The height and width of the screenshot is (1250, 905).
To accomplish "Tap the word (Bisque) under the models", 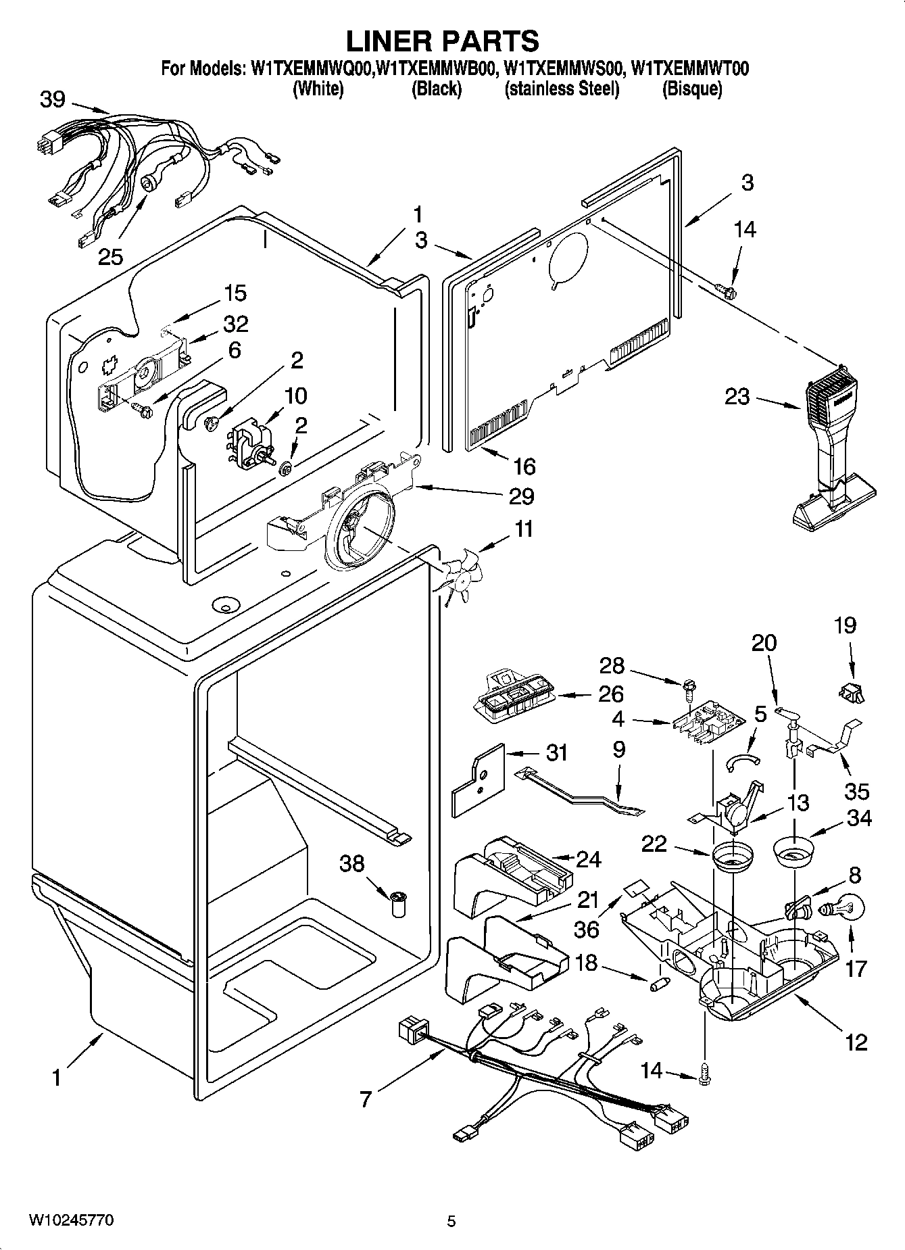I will point(691,89).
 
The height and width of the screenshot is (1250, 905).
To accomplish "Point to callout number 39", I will point(52,99).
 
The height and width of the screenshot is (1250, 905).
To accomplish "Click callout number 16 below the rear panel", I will point(524,466).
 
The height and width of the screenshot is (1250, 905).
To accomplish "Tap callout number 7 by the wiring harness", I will point(366,1100).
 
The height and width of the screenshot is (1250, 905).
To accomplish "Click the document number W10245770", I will point(70,1220).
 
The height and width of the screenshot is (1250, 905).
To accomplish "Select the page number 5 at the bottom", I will point(451,1221).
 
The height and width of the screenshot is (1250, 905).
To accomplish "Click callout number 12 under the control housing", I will point(856,1042).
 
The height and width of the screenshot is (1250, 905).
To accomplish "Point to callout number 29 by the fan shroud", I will point(521,496).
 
